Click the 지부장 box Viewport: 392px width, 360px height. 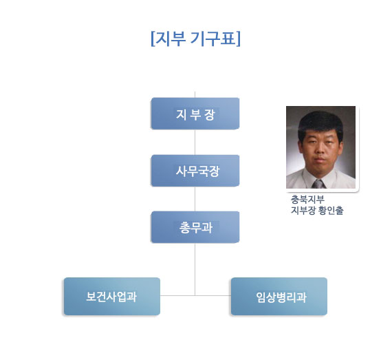195,114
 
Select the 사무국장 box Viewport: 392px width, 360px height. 195,171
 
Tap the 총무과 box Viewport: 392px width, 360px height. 195,227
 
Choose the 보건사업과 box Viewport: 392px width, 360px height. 112,296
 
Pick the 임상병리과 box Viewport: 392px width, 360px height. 279,296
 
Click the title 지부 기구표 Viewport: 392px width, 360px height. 195,39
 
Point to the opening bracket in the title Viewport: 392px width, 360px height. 153,39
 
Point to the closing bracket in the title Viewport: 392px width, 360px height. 238,39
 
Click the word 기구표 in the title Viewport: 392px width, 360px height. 213,39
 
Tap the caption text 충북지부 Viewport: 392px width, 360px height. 307,200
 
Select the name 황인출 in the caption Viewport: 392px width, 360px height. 331,211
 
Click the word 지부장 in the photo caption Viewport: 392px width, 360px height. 303,211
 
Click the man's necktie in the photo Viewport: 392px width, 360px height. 318,184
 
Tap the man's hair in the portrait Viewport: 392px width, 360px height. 320,123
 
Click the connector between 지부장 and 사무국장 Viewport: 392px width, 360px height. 195,142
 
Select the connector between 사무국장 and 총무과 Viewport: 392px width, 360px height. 195,199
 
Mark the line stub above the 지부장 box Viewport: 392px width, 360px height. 195,94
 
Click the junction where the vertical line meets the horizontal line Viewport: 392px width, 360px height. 195,296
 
